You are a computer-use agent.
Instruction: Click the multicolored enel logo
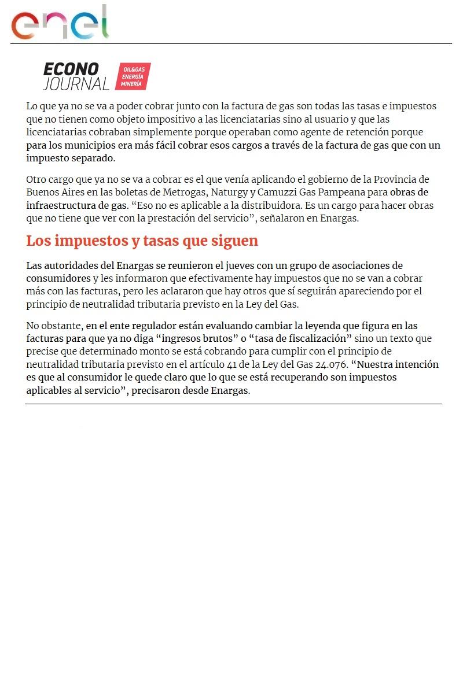coord(60,23)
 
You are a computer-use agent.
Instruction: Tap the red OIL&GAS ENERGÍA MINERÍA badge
coord(133,76)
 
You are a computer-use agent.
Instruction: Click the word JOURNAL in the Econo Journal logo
coord(76,84)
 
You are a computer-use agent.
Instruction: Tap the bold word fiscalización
coord(315,338)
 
